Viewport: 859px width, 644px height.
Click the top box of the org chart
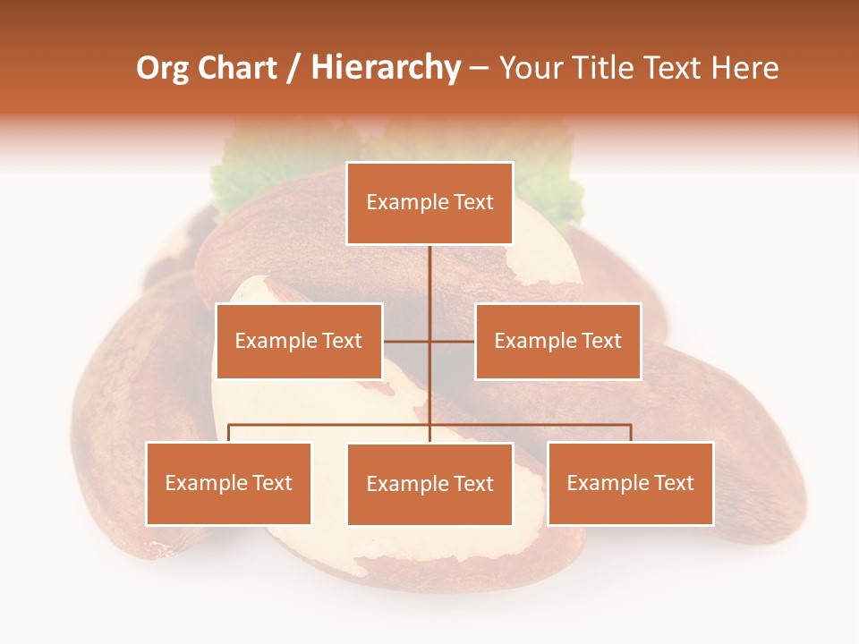point(429,203)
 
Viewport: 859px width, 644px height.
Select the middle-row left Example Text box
point(299,341)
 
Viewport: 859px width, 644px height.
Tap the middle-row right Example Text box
point(557,341)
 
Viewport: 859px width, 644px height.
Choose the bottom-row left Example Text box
point(229,483)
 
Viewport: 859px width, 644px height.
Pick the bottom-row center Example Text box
point(429,484)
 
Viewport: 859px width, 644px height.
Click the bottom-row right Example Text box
point(631,483)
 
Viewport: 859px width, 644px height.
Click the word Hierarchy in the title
point(386,68)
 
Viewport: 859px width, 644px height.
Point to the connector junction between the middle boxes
point(429,341)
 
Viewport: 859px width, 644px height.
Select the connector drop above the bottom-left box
point(229,433)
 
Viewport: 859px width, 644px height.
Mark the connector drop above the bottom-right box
point(631,433)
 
